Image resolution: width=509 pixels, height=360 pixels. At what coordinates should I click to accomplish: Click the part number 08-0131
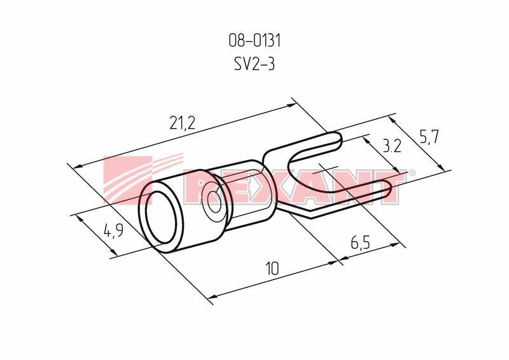(254, 41)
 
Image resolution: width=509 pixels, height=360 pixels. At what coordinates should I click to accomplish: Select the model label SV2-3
(254, 64)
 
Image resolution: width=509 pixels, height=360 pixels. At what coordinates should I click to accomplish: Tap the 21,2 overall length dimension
(183, 123)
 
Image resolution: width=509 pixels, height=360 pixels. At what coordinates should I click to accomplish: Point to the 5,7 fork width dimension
(429, 137)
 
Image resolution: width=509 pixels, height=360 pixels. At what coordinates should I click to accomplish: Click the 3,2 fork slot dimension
(392, 146)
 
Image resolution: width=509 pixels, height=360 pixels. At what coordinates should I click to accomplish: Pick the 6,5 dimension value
(360, 242)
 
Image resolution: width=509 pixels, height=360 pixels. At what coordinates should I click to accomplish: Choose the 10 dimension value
(272, 269)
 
